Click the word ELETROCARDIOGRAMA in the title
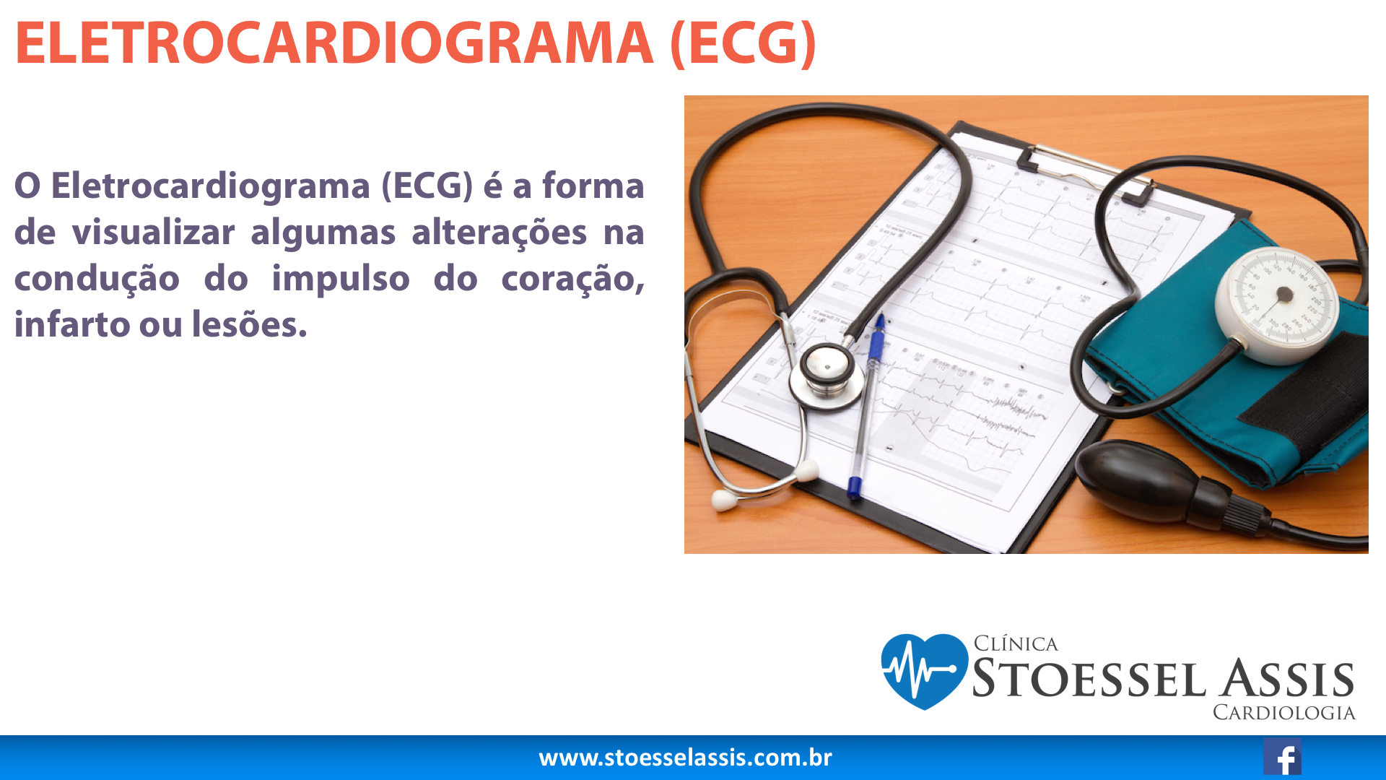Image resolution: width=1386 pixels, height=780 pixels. pos(334,43)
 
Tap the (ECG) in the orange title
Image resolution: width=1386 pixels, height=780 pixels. pos(744,44)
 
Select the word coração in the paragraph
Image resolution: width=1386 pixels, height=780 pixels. pos(572,279)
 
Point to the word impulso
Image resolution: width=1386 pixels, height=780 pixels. pos(341,279)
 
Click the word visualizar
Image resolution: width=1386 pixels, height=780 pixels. pos(153,233)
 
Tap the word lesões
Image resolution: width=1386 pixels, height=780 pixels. pos(249,324)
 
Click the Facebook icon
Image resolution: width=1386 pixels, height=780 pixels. pos(1282,757)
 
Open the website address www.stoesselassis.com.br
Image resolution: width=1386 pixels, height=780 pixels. pos(685,758)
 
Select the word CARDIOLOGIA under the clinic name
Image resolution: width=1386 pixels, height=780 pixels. pos(1283,713)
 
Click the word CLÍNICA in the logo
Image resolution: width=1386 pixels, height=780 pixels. pos(1016,643)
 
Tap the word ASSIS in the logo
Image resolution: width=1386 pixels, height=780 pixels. pos(1287,679)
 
